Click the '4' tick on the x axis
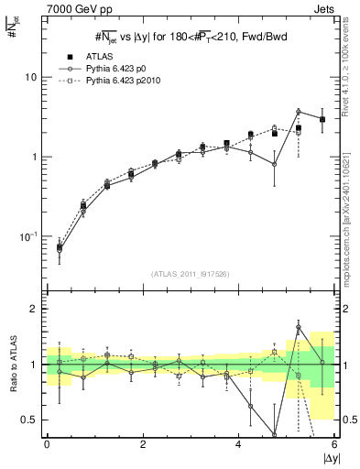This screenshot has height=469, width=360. coord(239,444)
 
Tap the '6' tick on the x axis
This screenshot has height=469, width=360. coord(334,444)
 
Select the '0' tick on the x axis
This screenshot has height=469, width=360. coord(47,444)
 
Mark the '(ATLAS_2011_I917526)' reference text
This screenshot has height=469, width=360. coord(191,273)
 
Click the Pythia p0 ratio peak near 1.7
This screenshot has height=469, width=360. coord(299,327)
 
